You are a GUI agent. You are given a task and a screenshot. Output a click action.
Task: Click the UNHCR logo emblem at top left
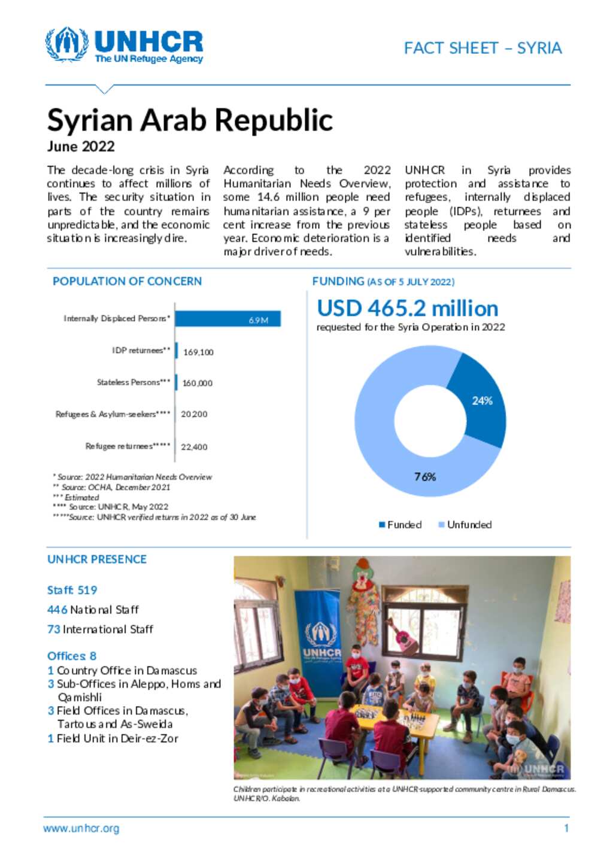coord(66,44)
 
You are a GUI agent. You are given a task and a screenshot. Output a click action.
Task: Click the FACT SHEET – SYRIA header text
coord(482,48)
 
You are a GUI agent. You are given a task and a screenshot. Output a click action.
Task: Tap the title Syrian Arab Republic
coord(190,120)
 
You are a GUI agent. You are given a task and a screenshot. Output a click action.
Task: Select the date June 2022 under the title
coord(81,147)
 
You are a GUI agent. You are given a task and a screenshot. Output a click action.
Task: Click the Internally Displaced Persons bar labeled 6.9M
coord(227,319)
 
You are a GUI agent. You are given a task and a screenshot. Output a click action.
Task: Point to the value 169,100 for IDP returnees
coord(198,352)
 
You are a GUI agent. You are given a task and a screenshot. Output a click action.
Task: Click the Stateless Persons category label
coord(133,382)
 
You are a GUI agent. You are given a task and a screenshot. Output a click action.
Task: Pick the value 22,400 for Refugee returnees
coord(194,447)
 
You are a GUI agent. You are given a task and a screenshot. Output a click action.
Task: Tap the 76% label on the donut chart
coord(425,477)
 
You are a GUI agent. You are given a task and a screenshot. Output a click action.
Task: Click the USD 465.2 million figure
coord(407,309)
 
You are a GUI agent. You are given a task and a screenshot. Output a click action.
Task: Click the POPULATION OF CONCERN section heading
coord(127,281)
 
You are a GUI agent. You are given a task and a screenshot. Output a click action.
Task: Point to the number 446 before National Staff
coord(57,610)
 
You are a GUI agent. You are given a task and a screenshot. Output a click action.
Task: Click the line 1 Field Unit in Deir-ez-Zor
coord(113,738)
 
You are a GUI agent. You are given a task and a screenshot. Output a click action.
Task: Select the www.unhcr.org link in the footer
coord(81,829)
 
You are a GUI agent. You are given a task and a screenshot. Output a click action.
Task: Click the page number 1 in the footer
coord(566,829)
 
